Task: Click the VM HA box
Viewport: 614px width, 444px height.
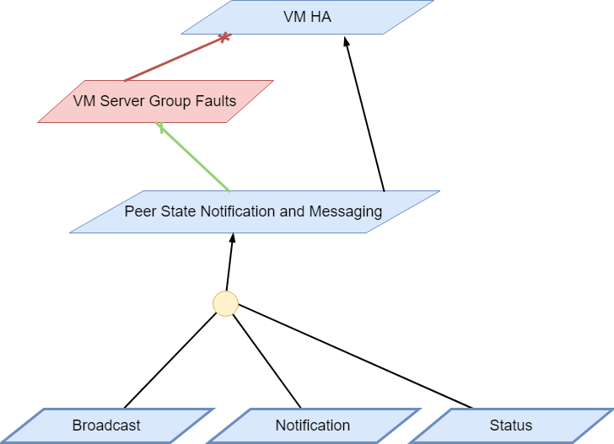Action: (308, 17)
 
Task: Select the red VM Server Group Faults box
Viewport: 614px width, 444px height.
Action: (155, 101)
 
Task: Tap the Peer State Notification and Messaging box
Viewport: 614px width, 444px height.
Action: (254, 211)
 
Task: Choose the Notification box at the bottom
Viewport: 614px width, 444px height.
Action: (313, 425)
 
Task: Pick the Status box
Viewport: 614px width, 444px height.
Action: (511, 425)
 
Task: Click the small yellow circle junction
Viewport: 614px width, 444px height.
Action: (225, 303)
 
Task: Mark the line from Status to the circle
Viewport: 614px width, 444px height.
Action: (354, 355)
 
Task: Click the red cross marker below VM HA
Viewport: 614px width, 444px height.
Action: (224, 38)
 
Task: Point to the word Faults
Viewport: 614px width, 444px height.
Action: (216, 101)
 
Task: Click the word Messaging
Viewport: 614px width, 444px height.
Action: (346, 211)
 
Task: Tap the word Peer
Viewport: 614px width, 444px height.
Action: (139, 211)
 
